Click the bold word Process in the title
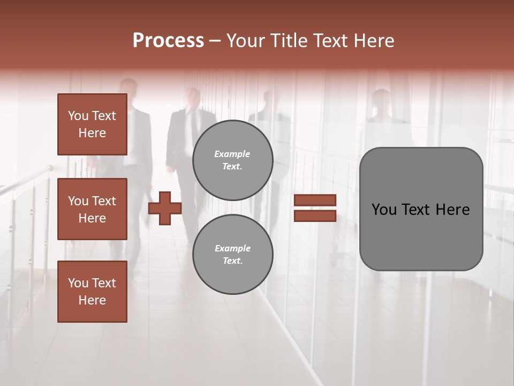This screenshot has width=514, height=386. coord(168,41)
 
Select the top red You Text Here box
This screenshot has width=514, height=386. coord(92,124)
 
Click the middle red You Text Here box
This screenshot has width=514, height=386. coord(92,209)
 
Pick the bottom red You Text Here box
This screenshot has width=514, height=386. coord(92,292)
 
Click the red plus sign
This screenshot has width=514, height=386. coord(165,209)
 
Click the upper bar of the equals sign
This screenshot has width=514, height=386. coord(315,201)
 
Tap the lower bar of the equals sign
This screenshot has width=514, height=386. coord(315,216)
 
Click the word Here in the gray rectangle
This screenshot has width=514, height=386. coord(452,210)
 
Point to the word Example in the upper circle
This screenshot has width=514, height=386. coord(232,154)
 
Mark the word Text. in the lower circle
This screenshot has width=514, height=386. coord(232,261)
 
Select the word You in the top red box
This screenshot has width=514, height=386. coord(78,116)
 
